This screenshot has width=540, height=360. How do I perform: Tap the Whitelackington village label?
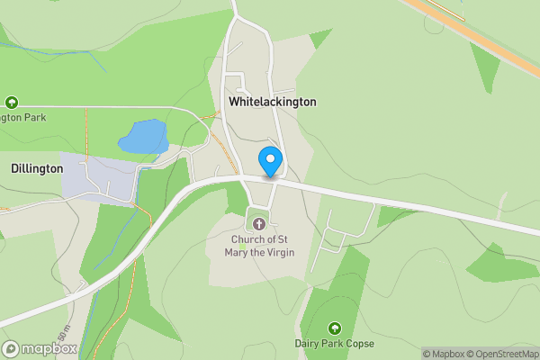(273, 103)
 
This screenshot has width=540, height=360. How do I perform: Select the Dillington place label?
(37, 168)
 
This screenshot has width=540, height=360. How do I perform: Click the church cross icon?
(258, 223)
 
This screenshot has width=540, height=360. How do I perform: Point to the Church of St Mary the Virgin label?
(258, 247)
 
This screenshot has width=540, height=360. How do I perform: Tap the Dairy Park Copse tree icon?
(335, 328)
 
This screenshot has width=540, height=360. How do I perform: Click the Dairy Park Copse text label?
(334, 344)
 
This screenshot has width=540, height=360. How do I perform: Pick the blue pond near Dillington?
(143, 137)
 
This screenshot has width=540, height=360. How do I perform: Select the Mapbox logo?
(40, 348)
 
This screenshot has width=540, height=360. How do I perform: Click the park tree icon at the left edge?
(12, 103)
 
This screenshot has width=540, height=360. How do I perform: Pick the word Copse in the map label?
(357, 344)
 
